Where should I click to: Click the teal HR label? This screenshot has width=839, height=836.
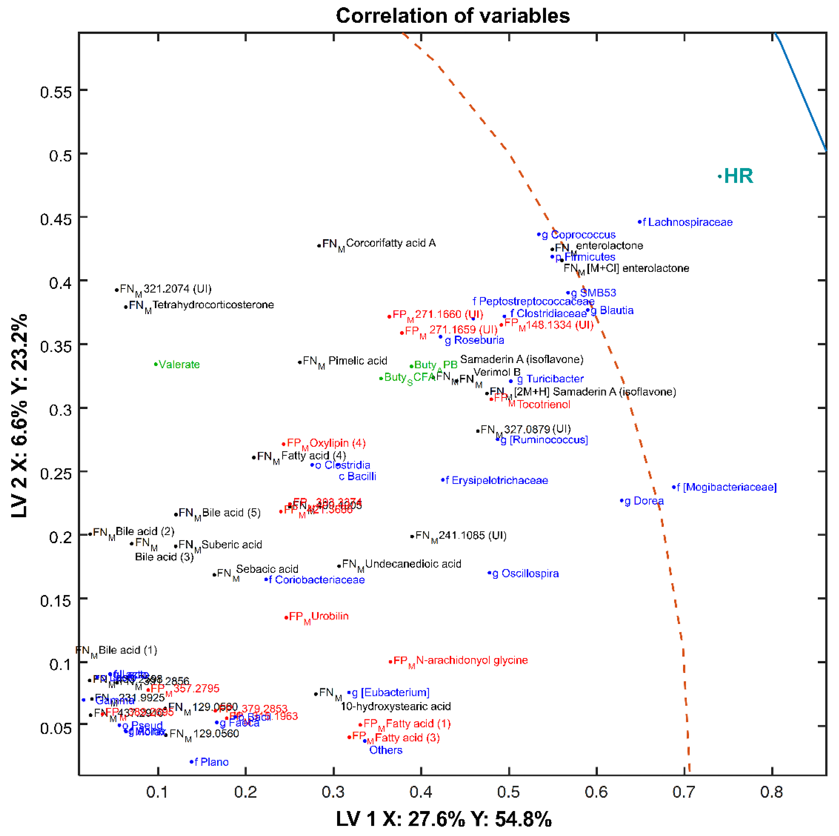738,176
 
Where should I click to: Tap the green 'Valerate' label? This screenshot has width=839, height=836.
179,365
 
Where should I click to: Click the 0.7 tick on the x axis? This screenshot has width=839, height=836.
684,792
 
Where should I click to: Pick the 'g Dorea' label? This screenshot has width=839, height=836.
644,501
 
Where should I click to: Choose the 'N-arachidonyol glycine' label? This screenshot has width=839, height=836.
471,660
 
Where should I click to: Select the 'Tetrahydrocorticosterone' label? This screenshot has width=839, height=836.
213,305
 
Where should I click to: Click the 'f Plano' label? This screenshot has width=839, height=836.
211,762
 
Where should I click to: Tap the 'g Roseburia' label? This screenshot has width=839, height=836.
474,340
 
